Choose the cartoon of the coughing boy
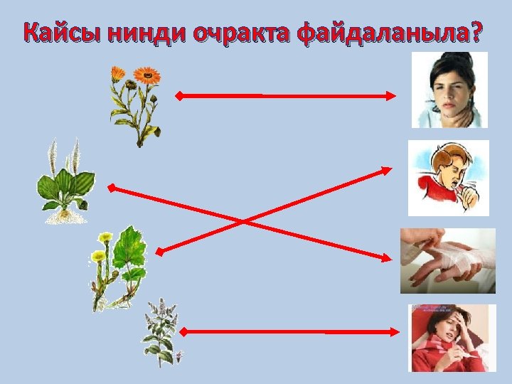(448, 178)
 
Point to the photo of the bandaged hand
(447, 260)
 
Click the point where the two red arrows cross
(244, 221)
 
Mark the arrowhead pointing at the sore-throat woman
(394, 95)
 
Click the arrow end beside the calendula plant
(180, 95)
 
